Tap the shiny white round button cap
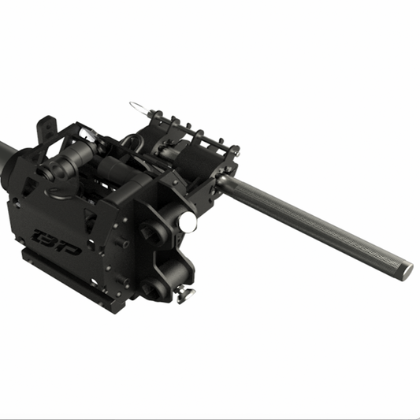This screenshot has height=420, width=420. pos(188,223)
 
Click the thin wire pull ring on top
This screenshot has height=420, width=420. pos(140,106)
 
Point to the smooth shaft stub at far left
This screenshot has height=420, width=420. pos(6,151)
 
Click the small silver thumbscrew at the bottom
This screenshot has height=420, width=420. pos(186,295)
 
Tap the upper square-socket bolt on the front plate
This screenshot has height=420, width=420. pos(151,233)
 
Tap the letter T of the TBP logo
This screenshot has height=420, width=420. pos(41,234)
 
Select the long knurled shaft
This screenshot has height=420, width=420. pos(315,225)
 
